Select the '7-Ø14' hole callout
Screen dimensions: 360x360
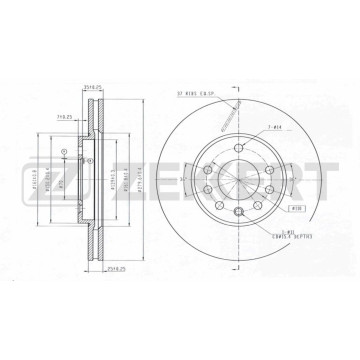tap(275, 127)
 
